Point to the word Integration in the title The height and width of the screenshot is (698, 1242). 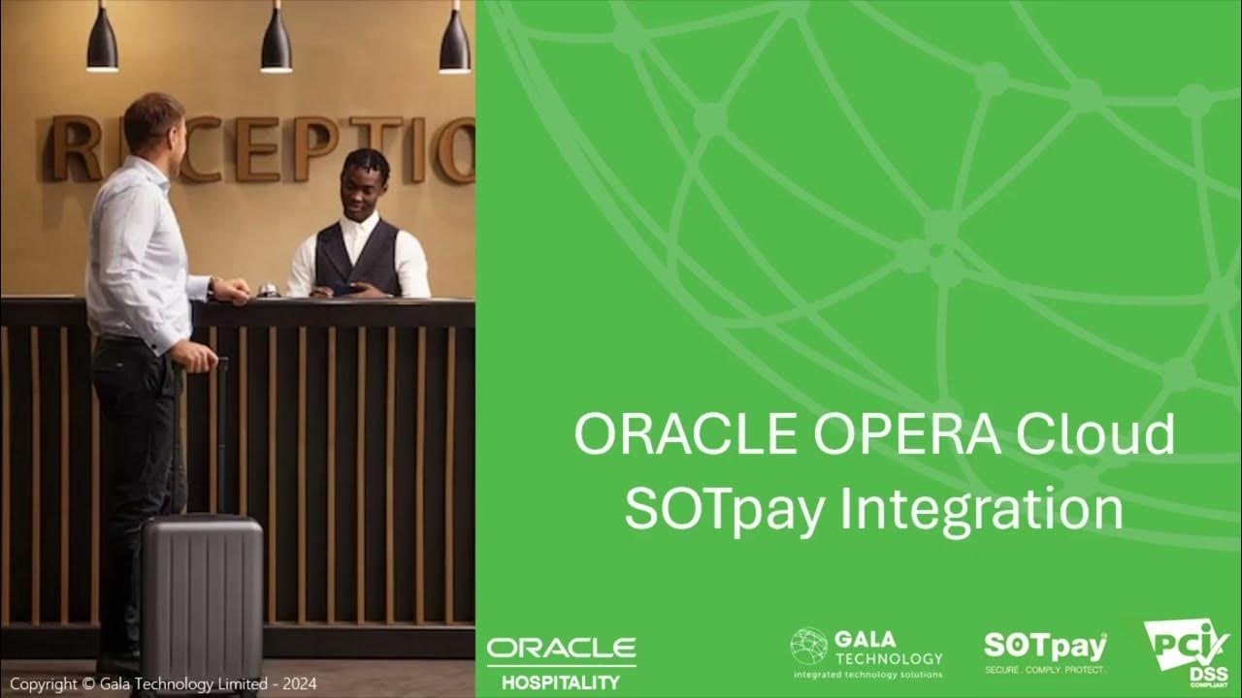(x=980, y=512)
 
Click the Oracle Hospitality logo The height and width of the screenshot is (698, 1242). (x=561, y=662)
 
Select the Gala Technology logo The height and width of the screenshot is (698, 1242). (x=866, y=651)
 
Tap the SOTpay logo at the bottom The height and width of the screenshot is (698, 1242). (x=1045, y=650)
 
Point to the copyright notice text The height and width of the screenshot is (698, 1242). (x=163, y=683)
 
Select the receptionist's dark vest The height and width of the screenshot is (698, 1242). (x=358, y=258)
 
